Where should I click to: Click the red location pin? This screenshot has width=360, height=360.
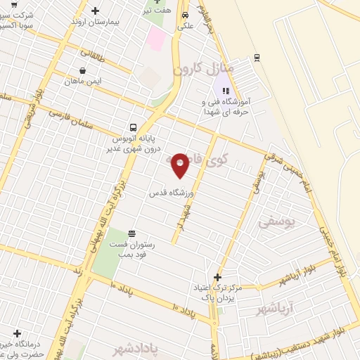[180, 166]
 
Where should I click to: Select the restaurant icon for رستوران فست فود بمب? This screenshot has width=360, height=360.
[131, 234]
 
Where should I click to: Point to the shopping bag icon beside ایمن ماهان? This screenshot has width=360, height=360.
[84, 70]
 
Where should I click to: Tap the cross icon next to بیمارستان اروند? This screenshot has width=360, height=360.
[96, 11]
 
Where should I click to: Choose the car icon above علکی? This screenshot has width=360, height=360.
[185, 14]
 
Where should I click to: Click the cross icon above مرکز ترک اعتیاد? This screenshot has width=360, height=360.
[217, 277]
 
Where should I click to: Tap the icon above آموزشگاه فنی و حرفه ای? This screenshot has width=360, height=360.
[226, 90]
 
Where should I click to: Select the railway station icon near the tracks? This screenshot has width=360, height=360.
[257, 57]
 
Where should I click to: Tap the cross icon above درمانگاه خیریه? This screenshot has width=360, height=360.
[17, 333]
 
